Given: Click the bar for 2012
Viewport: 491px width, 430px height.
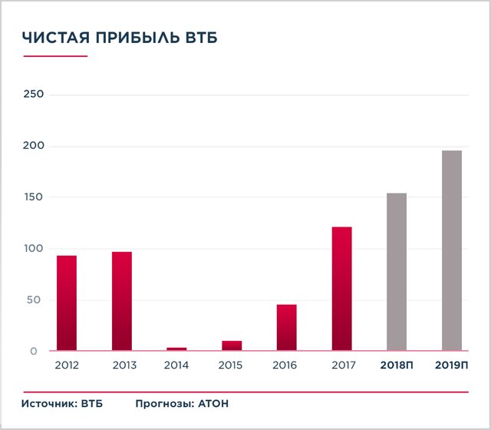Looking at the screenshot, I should (67, 303).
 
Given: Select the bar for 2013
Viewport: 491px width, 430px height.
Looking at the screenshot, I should (122, 301).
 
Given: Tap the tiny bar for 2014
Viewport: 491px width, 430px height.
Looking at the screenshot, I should (176, 349).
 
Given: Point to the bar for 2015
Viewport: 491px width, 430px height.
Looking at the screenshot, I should (232, 346).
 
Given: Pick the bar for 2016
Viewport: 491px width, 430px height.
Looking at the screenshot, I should (287, 327).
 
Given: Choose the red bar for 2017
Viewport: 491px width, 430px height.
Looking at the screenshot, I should (342, 289).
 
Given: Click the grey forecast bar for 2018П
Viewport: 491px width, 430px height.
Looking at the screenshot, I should (397, 272).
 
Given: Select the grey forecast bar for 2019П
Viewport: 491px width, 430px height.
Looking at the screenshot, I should (452, 250).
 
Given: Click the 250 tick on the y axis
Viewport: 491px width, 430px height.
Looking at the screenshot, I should (34, 94).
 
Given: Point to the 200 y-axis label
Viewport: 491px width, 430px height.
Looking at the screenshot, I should (34, 146).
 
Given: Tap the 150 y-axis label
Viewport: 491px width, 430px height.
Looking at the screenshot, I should (34, 197).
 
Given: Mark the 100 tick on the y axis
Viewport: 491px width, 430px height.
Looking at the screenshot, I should (34, 249).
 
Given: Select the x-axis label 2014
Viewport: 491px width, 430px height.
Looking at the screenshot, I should (176, 365).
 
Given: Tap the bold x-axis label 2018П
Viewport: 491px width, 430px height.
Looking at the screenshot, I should (397, 365).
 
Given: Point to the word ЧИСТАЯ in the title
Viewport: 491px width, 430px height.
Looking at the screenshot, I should (53, 38).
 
